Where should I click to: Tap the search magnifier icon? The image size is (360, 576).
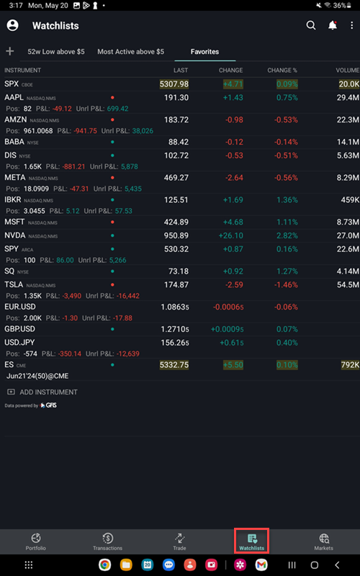tap(311, 25)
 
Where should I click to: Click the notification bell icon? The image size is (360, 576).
tap(332, 25)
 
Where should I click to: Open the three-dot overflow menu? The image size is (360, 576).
tap(351, 25)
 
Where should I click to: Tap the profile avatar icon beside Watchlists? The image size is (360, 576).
tap(12, 25)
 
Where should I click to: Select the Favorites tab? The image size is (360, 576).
tap(204, 52)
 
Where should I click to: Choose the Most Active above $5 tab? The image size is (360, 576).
tap(130, 52)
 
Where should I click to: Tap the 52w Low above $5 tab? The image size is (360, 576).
tap(55, 52)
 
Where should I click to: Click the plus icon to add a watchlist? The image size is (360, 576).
tap(10, 51)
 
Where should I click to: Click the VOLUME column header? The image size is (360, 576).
tap(347, 71)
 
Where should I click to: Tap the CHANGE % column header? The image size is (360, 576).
tap(282, 71)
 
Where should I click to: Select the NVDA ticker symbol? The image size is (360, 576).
tap(15, 235)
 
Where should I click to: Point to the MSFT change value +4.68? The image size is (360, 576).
tap(233, 222)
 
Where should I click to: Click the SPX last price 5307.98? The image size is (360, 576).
tap(174, 84)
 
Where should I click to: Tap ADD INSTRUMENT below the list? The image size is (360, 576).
tap(48, 392)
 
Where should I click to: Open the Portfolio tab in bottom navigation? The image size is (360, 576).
tap(36, 541)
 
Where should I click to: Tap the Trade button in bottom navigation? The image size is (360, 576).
tap(179, 541)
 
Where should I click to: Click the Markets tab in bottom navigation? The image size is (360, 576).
tap(323, 541)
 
